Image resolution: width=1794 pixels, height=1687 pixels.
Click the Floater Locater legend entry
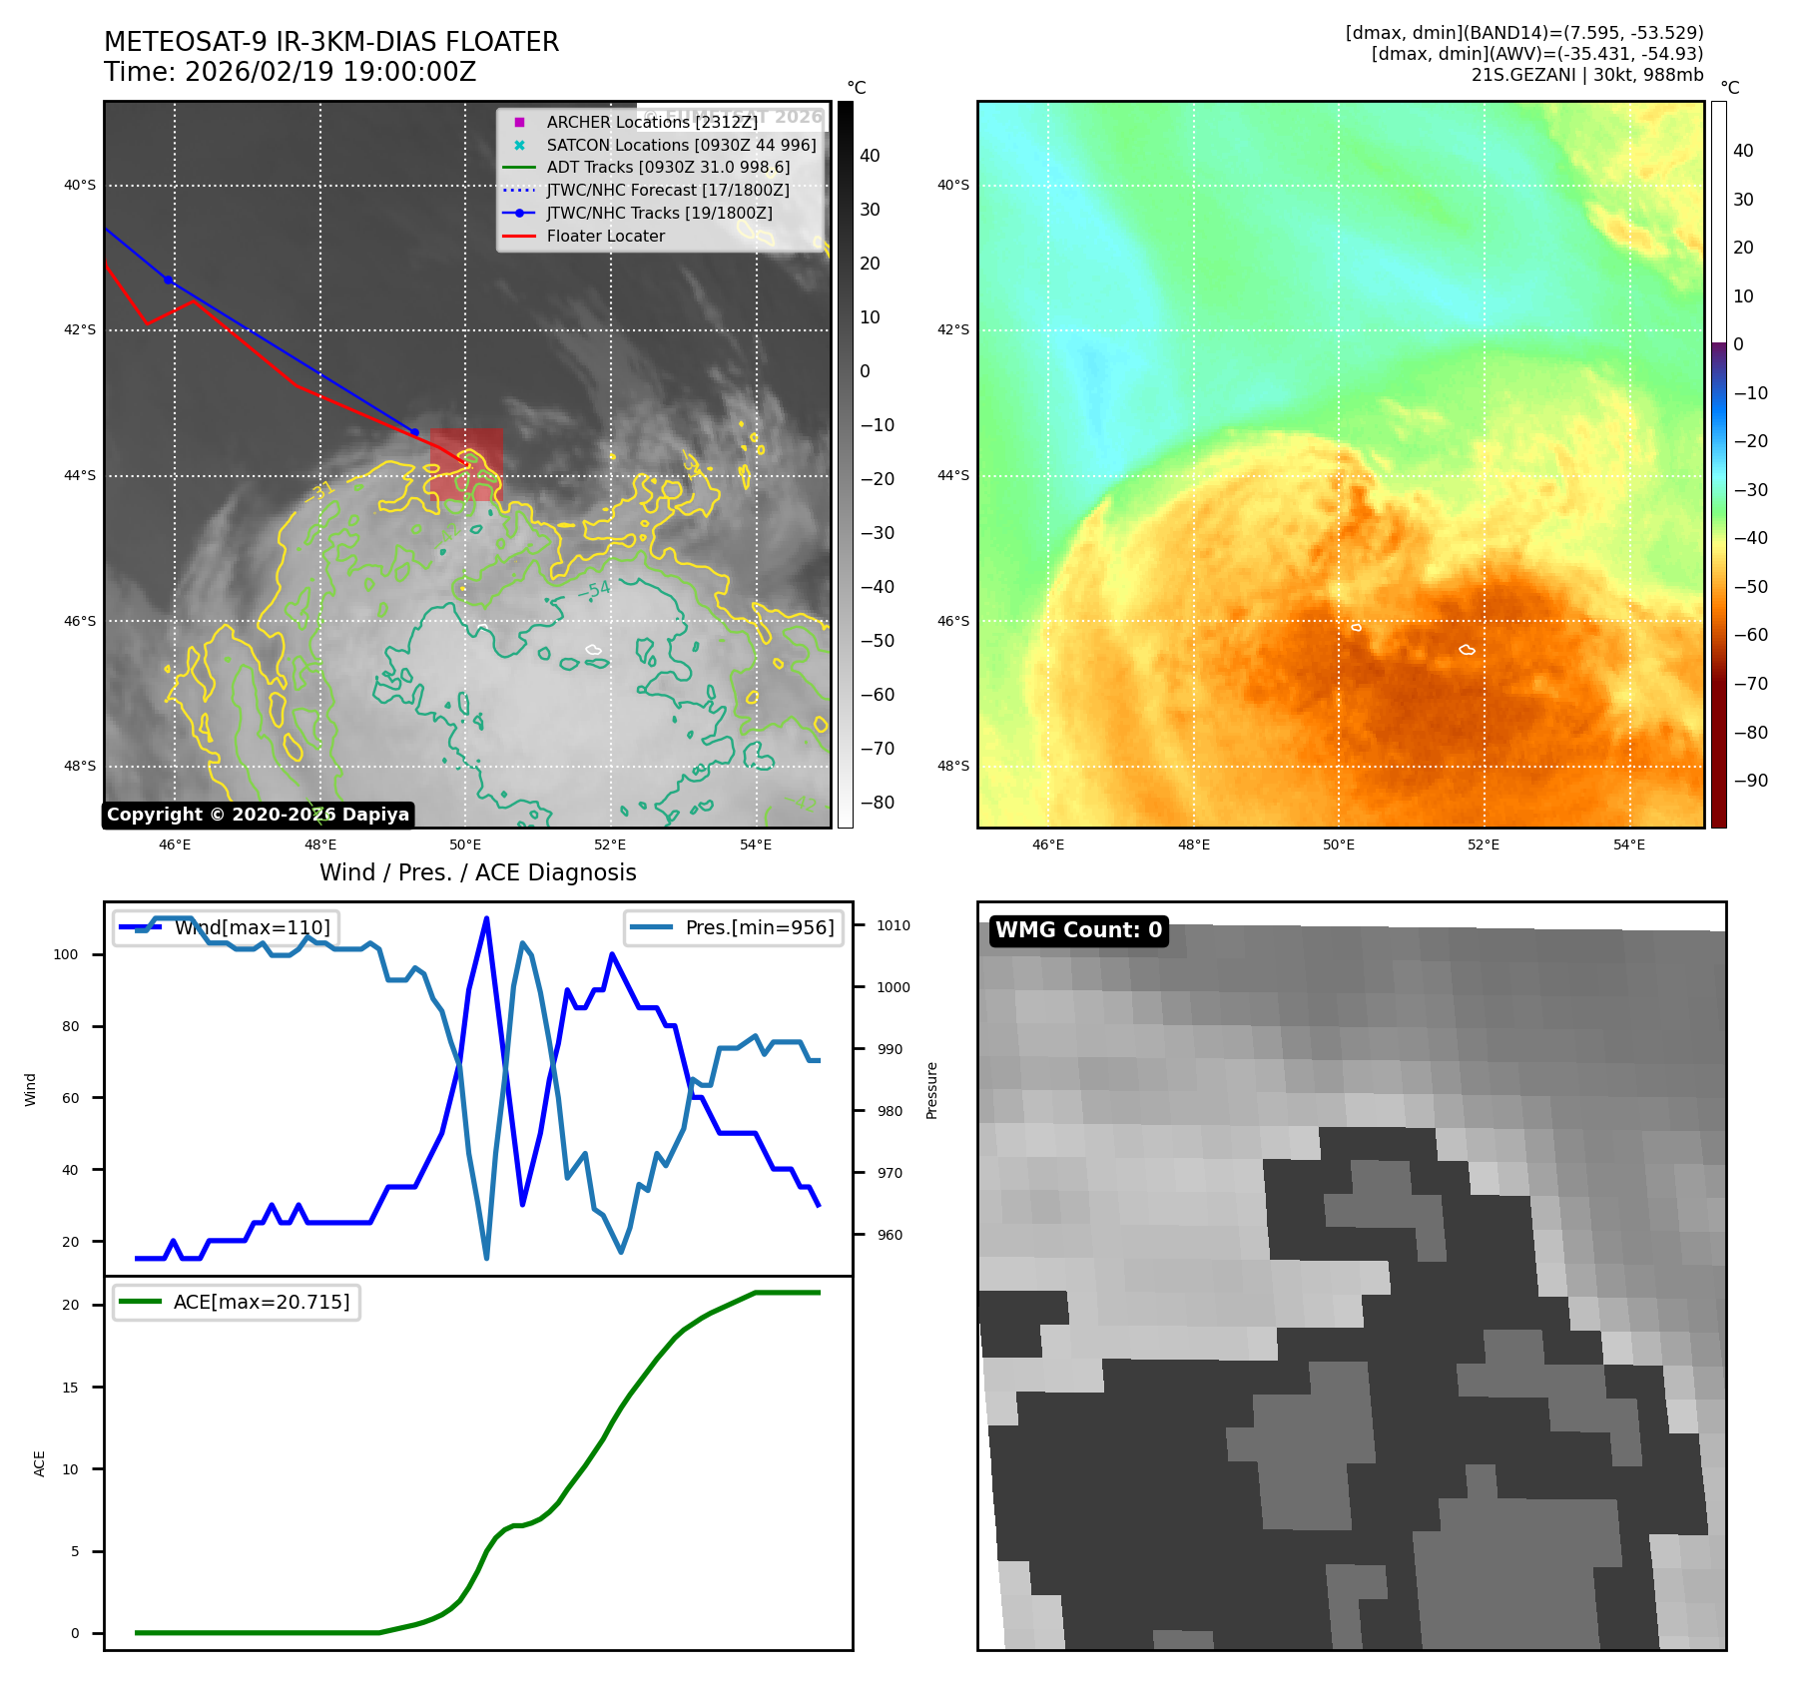[x=605, y=237]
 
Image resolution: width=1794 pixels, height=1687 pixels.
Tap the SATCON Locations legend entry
[x=681, y=145]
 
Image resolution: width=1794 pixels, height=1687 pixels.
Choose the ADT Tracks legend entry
[x=668, y=168]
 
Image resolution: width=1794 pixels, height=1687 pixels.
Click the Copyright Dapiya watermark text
[x=258, y=815]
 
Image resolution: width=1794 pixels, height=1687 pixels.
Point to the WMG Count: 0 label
[x=1078, y=930]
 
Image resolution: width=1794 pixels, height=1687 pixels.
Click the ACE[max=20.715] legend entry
[x=262, y=1302]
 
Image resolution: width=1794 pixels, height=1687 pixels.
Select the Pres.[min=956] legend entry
[x=759, y=927]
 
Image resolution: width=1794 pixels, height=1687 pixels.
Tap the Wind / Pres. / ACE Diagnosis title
[x=477, y=872]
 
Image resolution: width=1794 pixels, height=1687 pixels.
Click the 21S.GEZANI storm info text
[x=1586, y=75]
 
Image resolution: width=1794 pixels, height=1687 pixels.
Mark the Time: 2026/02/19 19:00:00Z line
[x=290, y=72]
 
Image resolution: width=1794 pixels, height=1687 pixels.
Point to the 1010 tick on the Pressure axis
[x=894, y=925]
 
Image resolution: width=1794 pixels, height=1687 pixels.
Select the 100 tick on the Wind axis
[x=66, y=954]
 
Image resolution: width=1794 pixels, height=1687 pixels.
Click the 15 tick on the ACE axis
[x=70, y=1388]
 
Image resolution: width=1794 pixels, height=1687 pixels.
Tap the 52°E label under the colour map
[x=1484, y=844]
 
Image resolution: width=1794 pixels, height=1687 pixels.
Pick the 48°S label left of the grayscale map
[x=80, y=767]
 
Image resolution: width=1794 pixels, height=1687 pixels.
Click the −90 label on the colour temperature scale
[x=1750, y=781]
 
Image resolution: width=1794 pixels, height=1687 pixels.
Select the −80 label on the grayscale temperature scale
[x=878, y=803]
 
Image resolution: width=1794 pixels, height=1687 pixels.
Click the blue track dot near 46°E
[x=168, y=281]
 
